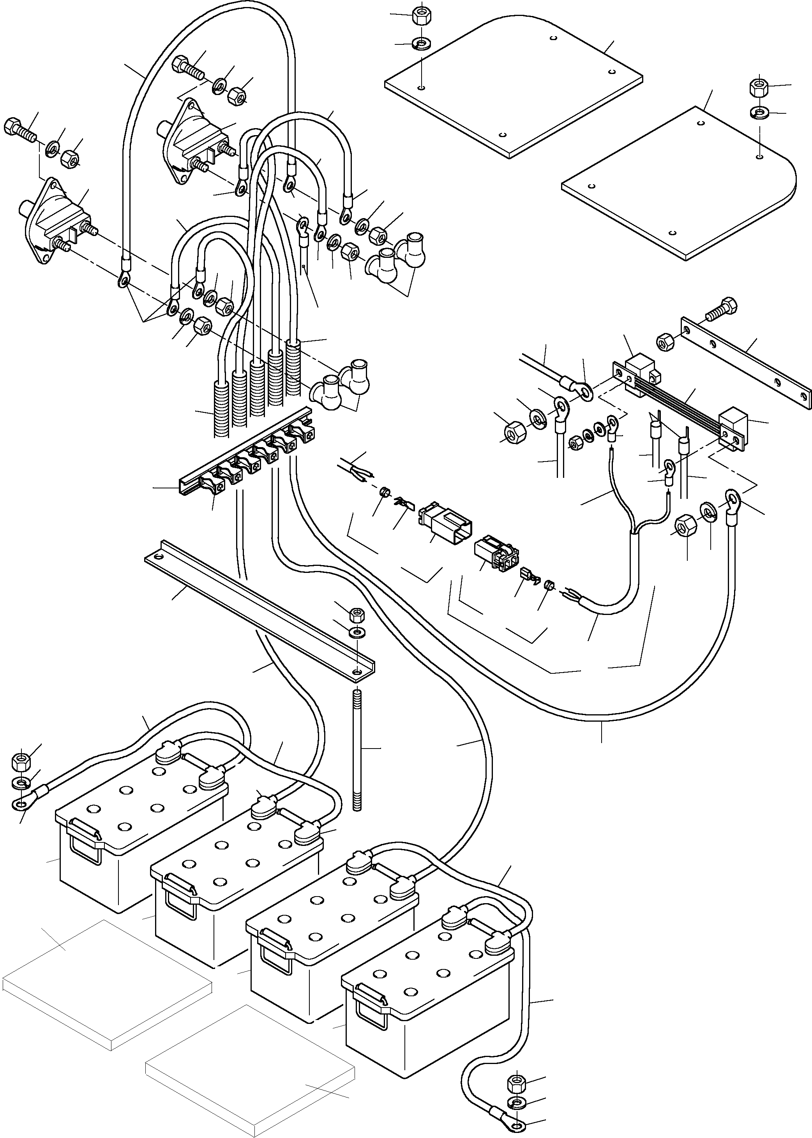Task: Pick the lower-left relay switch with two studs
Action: tap(53, 220)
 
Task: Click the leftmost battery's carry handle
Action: tap(85, 840)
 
